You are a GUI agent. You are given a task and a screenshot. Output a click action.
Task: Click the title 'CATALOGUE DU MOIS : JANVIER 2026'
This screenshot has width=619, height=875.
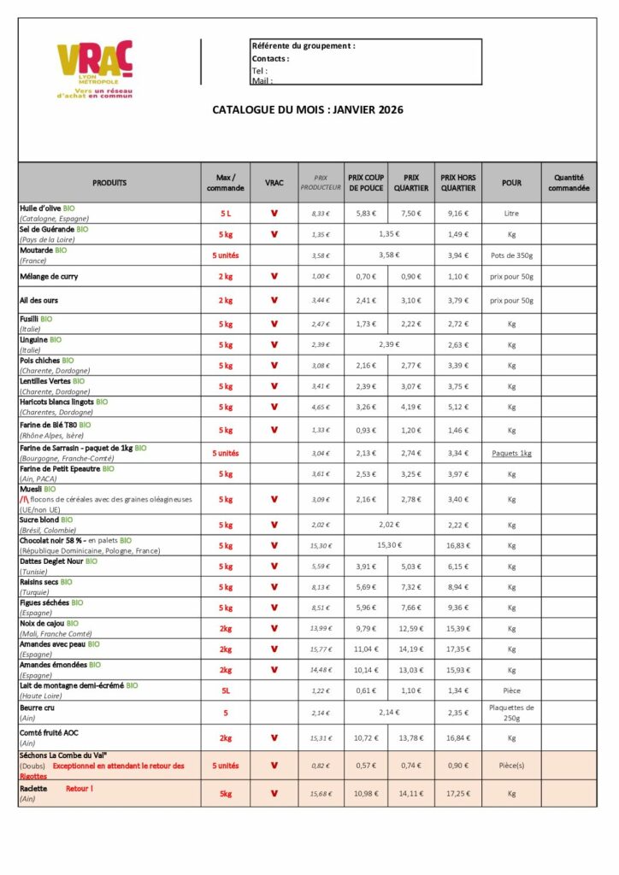[x=308, y=109]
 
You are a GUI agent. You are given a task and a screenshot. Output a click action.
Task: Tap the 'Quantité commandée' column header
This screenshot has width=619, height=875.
[x=569, y=183]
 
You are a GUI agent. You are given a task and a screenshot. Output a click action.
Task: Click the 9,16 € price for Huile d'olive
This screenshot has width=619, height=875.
[x=458, y=214]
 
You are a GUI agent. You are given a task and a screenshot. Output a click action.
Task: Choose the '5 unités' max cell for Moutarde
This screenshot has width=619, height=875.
[x=226, y=255]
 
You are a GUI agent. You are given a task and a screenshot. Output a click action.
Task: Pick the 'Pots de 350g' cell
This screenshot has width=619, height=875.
[x=511, y=255]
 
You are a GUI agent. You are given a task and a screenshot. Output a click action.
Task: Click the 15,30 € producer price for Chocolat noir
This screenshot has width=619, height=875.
[x=321, y=546]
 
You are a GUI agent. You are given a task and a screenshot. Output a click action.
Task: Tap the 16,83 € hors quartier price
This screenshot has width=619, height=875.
[x=458, y=546]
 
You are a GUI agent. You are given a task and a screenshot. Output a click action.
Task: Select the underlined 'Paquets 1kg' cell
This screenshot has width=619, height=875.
[x=511, y=453]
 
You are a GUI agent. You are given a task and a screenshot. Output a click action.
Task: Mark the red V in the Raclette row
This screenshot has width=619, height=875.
[x=274, y=794]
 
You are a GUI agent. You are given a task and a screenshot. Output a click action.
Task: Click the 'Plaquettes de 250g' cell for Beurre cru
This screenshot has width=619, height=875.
[x=511, y=712]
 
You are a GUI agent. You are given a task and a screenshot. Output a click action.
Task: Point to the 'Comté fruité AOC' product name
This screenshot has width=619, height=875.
[x=50, y=732]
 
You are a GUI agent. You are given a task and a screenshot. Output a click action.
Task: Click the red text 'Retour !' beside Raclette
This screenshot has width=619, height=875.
[x=80, y=789]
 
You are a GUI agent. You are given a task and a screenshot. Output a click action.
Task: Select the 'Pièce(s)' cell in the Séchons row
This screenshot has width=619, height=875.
[x=511, y=766]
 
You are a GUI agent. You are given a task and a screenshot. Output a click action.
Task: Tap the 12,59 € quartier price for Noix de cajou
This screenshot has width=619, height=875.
[x=411, y=629]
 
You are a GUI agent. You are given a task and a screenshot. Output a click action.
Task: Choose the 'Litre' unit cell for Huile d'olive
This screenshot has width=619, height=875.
[x=511, y=214]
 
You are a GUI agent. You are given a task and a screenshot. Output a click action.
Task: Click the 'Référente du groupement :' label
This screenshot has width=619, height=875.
[x=303, y=46]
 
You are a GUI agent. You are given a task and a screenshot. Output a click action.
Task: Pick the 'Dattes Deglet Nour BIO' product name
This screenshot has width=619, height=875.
[x=58, y=561]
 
